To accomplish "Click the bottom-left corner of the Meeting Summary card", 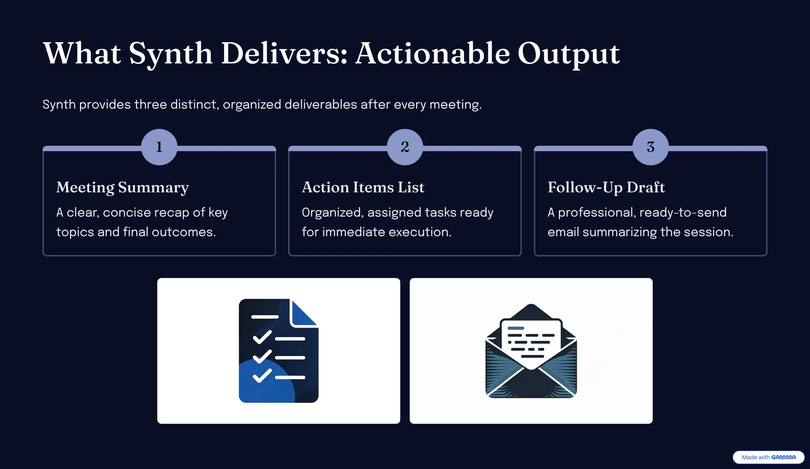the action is click(43, 256).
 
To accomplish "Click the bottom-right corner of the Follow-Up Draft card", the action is click(767, 256).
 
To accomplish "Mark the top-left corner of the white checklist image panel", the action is click(158, 278).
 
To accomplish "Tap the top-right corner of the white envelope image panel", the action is click(652, 278).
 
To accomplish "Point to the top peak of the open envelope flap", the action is click(531, 304).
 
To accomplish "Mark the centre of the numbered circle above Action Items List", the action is click(405, 147).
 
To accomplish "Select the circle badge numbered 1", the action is click(159, 147).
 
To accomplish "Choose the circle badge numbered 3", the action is click(651, 147).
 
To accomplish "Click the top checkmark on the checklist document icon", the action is click(262, 337).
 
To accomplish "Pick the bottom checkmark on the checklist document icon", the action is click(262, 376).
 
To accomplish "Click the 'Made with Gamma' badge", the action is click(768, 457).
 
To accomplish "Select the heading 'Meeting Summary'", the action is click(123, 188).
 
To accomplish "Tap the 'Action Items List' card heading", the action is click(363, 187).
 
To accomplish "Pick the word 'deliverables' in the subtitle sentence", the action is click(321, 105).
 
